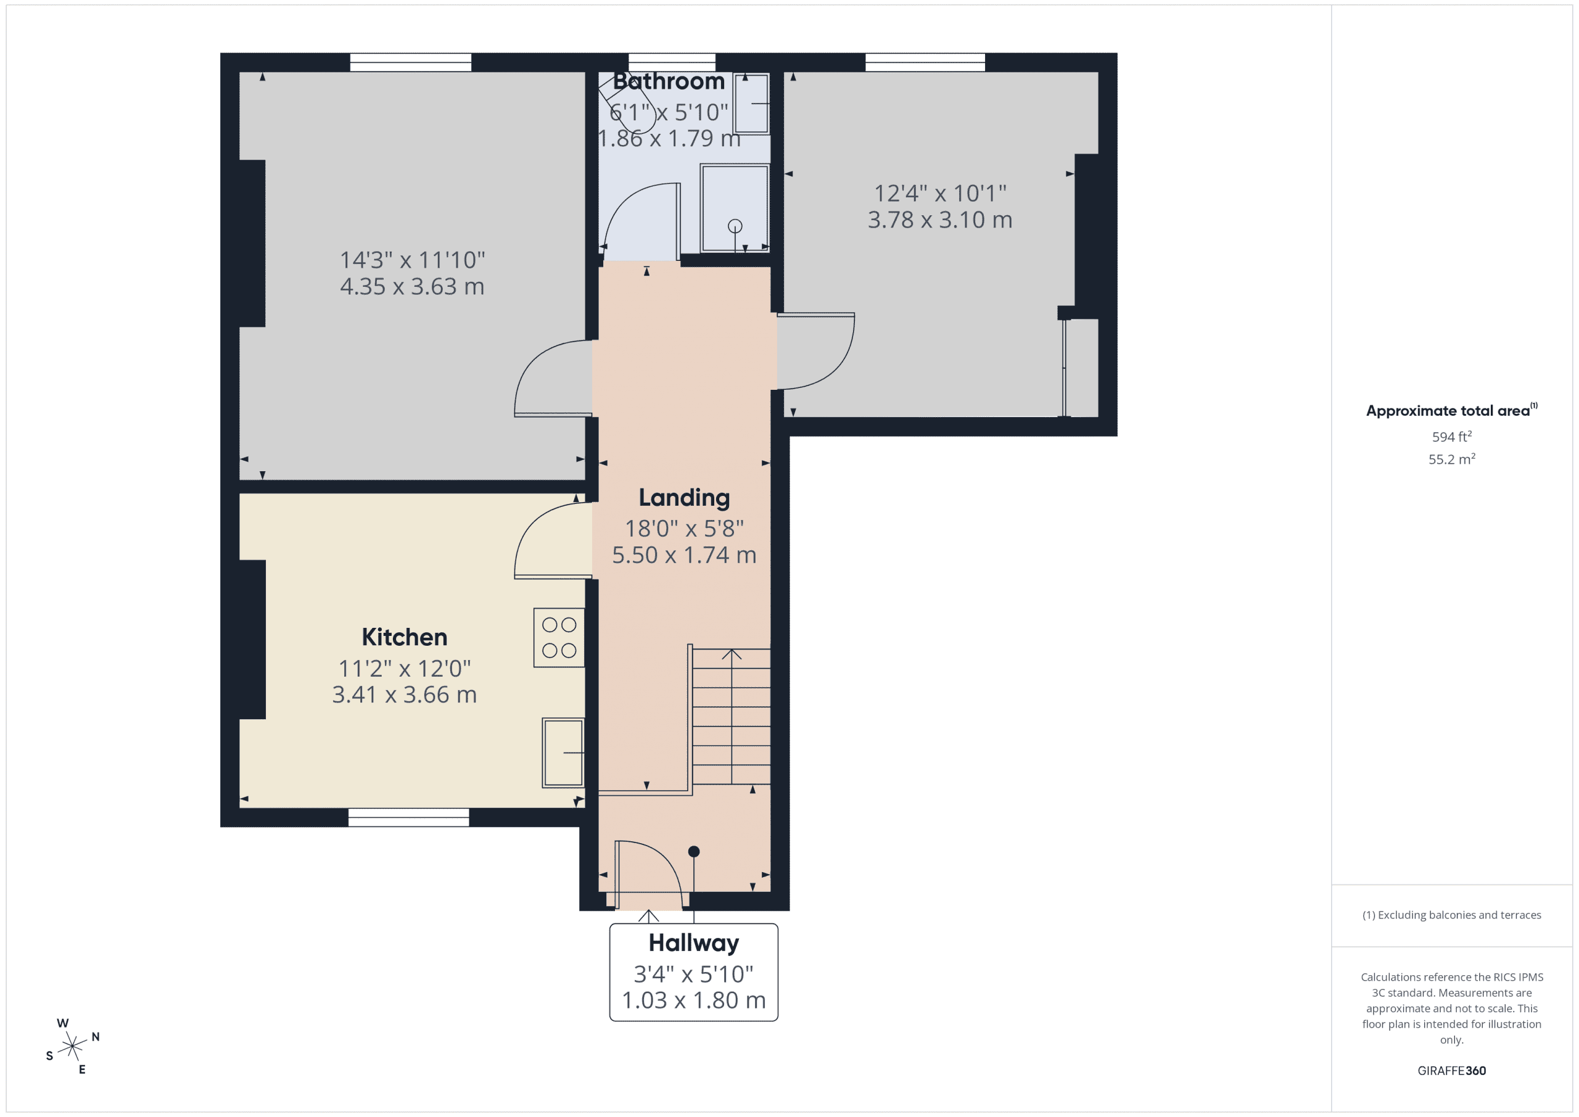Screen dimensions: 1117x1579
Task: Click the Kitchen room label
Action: [405, 637]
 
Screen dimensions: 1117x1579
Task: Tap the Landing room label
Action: [683, 497]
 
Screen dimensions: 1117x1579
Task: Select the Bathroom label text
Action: [669, 81]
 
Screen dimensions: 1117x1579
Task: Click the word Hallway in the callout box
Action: [693, 942]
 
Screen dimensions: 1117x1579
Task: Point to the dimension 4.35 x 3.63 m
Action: [412, 286]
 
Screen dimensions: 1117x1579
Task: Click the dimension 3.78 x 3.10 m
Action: [939, 220]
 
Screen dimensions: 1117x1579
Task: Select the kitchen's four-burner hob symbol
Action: [558, 637]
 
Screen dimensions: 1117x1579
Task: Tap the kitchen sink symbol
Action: [563, 752]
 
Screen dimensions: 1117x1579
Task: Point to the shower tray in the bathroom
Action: [734, 208]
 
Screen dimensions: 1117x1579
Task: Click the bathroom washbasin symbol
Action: [751, 103]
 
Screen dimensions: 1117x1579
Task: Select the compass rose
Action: [72, 1046]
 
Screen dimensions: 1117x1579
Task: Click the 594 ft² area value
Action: [1451, 437]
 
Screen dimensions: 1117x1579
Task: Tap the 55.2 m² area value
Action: [1451, 459]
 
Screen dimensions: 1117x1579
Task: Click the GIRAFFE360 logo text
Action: [1451, 1070]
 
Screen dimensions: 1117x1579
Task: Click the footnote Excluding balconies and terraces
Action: [1451, 915]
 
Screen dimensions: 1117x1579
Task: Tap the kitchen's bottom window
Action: [408, 817]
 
